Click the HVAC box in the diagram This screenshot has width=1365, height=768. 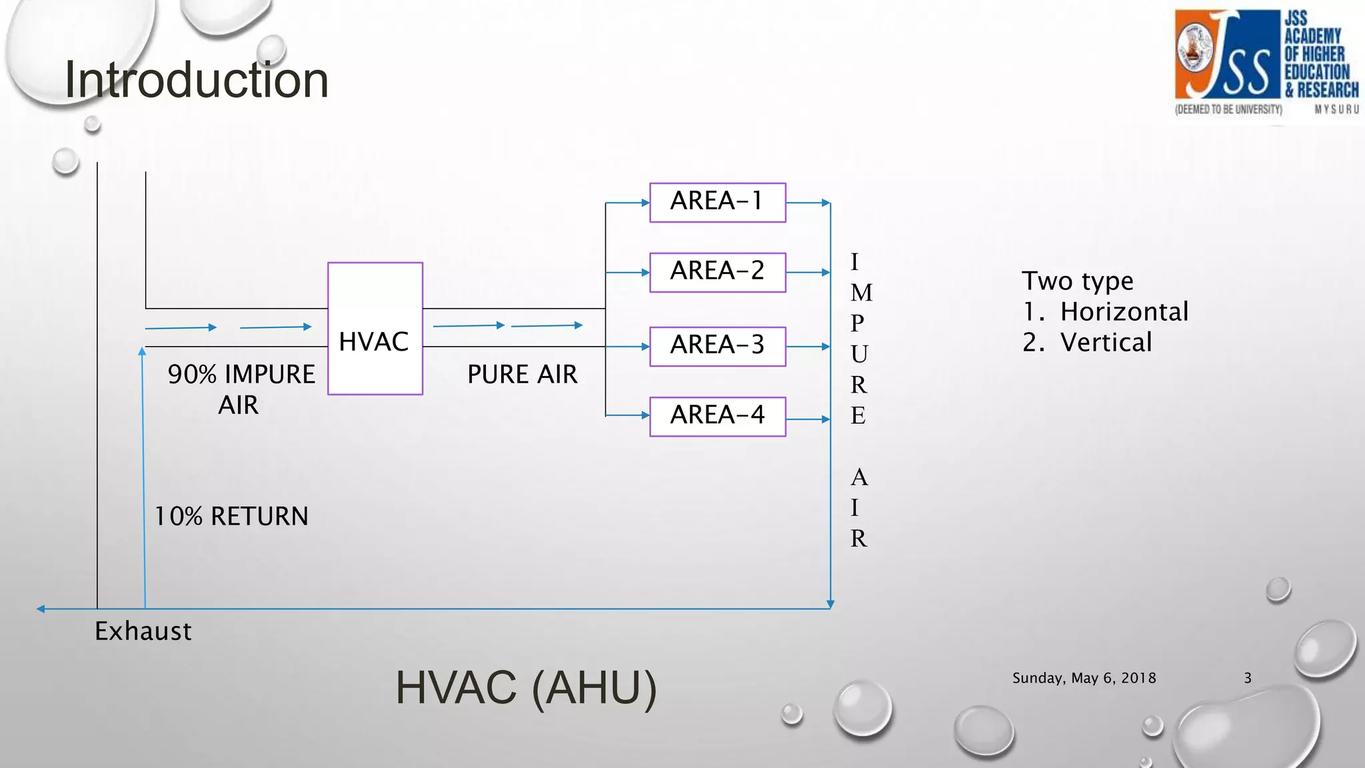pyautogui.click(x=375, y=329)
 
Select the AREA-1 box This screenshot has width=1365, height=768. pyautogui.click(x=717, y=202)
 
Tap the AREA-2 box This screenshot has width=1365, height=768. pyautogui.click(x=717, y=272)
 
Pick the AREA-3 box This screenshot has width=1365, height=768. pyautogui.click(x=717, y=346)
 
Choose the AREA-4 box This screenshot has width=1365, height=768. pyautogui.click(x=717, y=416)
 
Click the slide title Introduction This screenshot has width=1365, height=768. pyautogui.click(x=197, y=80)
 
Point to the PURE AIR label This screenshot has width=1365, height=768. pyautogui.click(x=522, y=375)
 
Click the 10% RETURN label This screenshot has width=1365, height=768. pyautogui.click(x=231, y=517)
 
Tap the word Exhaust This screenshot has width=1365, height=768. pyautogui.click(x=143, y=631)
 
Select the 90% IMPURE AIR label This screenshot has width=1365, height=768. pyautogui.click(x=241, y=389)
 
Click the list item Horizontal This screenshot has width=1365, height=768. pyautogui.click(x=1124, y=312)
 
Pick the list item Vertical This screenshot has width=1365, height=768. pyautogui.click(x=1106, y=343)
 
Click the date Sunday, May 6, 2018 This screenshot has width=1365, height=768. pyautogui.click(x=1084, y=678)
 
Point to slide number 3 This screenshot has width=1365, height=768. pyautogui.click(x=1248, y=678)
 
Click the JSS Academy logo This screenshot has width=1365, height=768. pyautogui.click(x=1266, y=63)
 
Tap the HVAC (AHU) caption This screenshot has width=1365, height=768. pyautogui.click(x=526, y=687)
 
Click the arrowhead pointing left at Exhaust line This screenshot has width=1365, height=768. pyautogui.click(x=41, y=609)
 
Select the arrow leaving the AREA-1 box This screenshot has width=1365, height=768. pyautogui.click(x=808, y=203)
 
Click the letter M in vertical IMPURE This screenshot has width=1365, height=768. pyautogui.click(x=861, y=293)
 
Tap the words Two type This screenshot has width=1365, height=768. pyautogui.click(x=1077, y=281)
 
